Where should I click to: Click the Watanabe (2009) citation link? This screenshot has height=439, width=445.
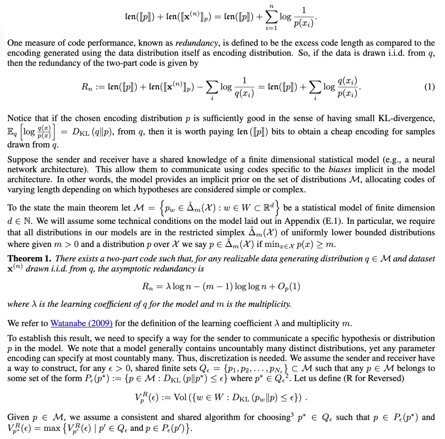coord(82,323)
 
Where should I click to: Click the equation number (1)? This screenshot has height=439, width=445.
coord(429,87)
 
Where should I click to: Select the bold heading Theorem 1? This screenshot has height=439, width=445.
coord(29,259)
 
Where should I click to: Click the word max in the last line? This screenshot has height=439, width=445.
coord(51,427)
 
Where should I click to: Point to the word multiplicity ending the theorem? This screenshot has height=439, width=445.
coord(272,305)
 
